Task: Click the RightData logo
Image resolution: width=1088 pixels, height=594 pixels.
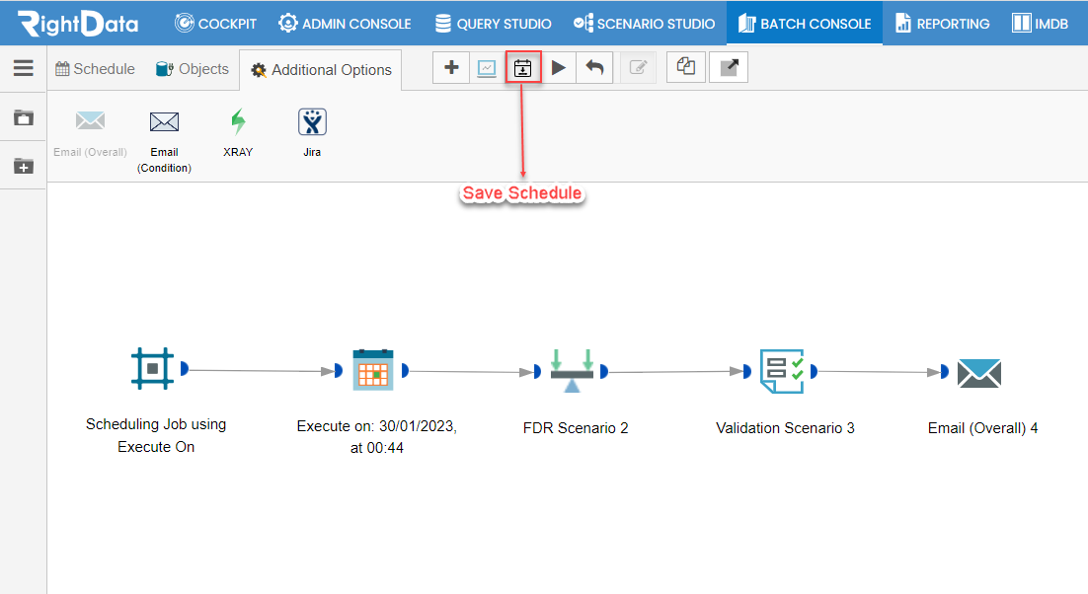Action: [x=78, y=23]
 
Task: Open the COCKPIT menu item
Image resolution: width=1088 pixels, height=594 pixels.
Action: [x=215, y=24]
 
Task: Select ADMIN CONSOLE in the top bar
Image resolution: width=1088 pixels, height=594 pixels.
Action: [x=345, y=24]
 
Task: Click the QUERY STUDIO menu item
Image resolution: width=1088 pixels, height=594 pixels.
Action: [x=493, y=24]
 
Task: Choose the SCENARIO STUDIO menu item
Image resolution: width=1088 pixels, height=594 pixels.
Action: [x=644, y=24]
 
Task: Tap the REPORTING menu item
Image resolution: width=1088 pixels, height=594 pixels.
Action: [x=942, y=24]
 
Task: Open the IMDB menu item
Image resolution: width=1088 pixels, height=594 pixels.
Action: [x=1041, y=24]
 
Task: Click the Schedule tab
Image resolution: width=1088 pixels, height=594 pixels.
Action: [x=95, y=69]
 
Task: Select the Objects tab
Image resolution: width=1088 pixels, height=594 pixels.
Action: [x=193, y=69]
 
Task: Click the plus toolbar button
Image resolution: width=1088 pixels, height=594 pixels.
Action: [x=451, y=67]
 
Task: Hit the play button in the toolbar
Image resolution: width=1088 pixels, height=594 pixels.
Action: [x=559, y=67]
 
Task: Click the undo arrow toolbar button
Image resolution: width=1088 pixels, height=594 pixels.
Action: [x=594, y=67]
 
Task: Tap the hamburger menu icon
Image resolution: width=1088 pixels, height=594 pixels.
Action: [x=24, y=68]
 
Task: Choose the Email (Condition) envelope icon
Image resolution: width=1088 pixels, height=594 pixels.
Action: [x=165, y=122]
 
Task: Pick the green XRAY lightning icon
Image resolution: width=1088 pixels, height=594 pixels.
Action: [x=238, y=121]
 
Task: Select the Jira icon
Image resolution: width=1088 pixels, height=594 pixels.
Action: [x=312, y=122]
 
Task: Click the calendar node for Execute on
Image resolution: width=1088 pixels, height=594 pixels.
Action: [x=373, y=370]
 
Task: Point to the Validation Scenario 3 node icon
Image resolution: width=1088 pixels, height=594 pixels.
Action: [x=782, y=371]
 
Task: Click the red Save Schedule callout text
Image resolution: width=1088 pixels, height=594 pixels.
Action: [x=522, y=193]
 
